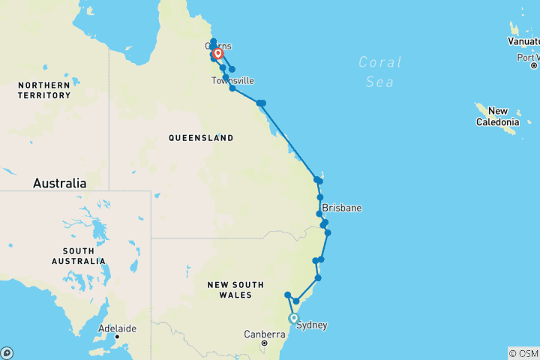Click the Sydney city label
coord(312,325)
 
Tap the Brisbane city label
coord(342,208)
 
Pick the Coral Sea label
coord(379,72)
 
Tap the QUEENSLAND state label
coord(200,138)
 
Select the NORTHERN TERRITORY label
coord(44,90)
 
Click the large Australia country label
coord(59,183)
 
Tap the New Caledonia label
coord(498,116)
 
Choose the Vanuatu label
coord(523,41)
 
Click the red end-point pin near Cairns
coord(217,53)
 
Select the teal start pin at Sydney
coord(294,318)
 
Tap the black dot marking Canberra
coord(265,343)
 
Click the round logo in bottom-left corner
coord(7,352)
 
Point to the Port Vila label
coord(528,57)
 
